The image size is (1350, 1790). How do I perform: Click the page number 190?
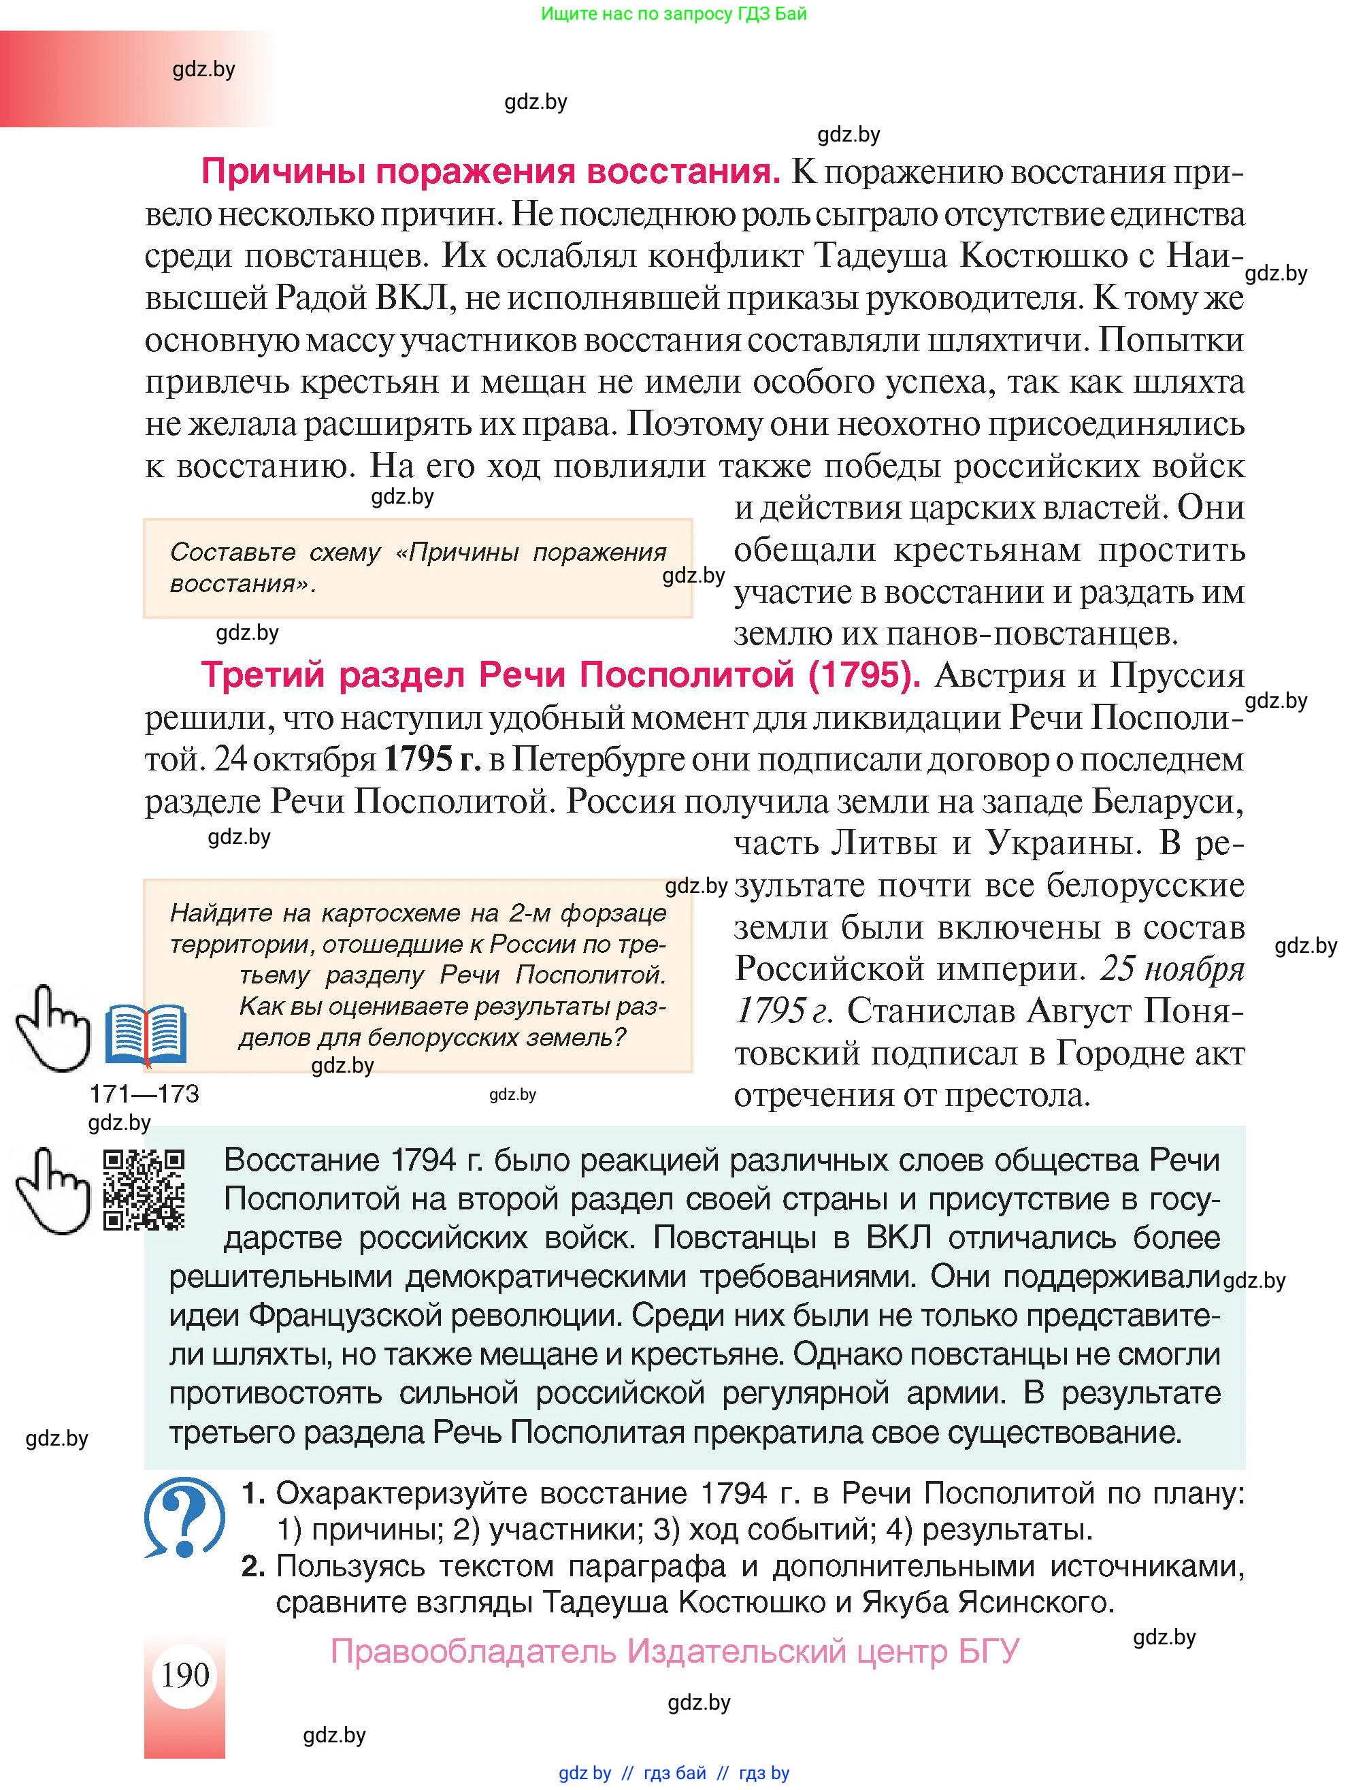pyautogui.click(x=185, y=1674)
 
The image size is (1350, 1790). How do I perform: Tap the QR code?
pyautogui.click(x=144, y=1190)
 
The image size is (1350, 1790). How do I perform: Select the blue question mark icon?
pyautogui.click(x=184, y=1516)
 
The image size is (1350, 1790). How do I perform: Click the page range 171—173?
pyautogui.click(x=144, y=1094)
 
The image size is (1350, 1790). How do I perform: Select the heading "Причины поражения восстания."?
pyautogui.click(x=490, y=172)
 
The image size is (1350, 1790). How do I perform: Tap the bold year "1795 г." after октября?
pyautogui.click(x=431, y=759)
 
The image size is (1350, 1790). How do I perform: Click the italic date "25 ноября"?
pyautogui.click(x=1171, y=969)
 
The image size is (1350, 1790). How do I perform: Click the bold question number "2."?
pyautogui.click(x=254, y=1566)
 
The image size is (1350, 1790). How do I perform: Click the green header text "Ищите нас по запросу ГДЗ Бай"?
pyautogui.click(x=674, y=14)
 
